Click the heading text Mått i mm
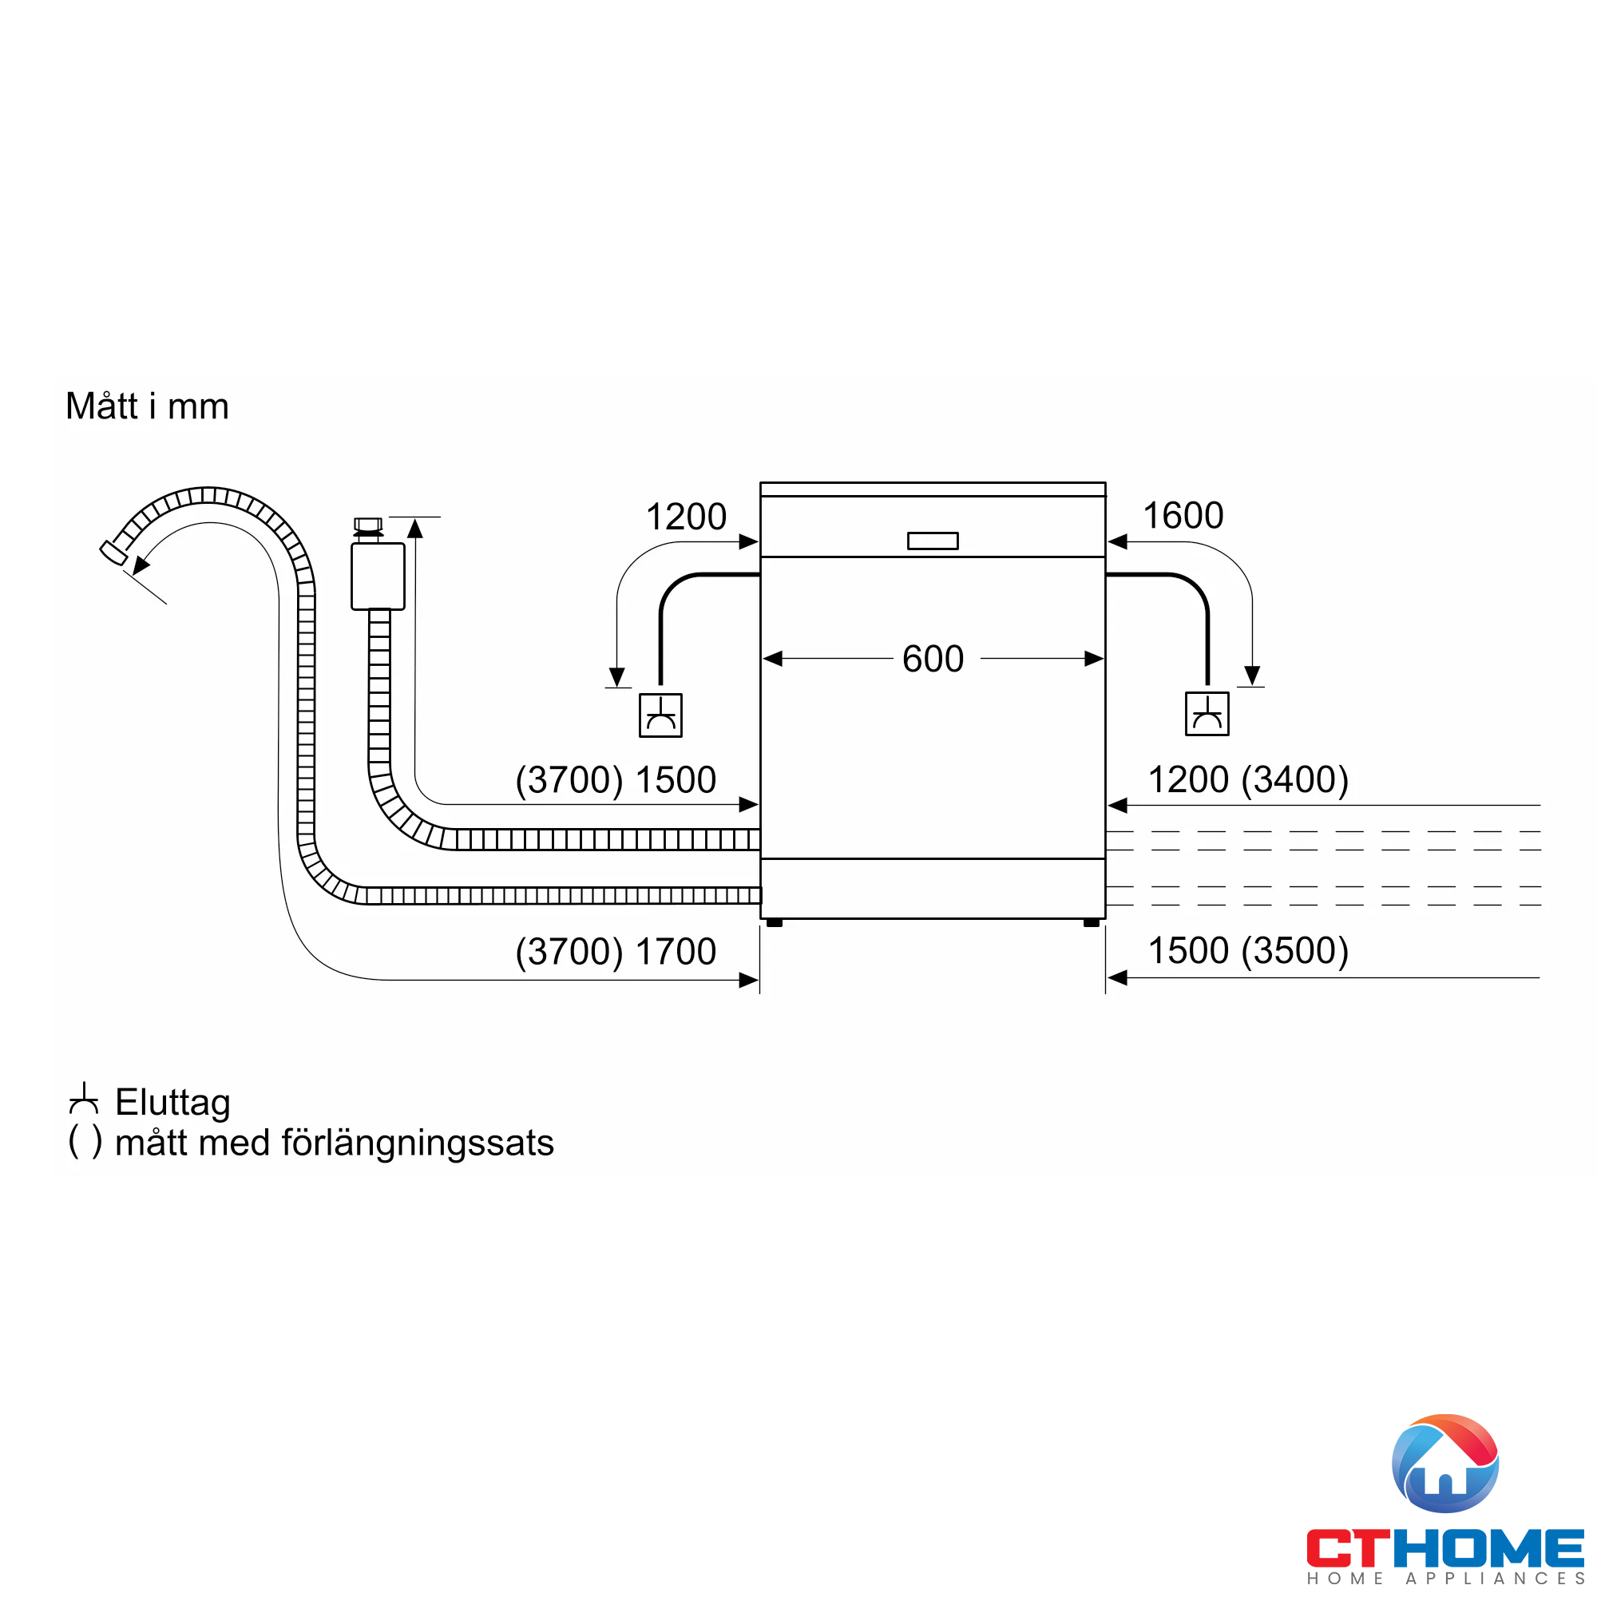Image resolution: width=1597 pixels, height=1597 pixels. (x=147, y=406)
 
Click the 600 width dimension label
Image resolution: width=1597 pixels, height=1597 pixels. (x=933, y=659)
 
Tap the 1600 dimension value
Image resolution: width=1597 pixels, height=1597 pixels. (x=1182, y=516)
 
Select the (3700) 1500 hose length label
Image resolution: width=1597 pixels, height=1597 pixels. (x=615, y=779)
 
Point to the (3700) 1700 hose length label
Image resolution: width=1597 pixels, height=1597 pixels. (x=615, y=952)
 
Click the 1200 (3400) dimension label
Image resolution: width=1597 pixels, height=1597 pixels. (x=1248, y=779)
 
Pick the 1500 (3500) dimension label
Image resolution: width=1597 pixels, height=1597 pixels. (x=1248, y=950)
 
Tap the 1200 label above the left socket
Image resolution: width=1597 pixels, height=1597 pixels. (x=685, y=517)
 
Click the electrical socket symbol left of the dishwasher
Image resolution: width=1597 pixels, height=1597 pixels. (x=660, y=715)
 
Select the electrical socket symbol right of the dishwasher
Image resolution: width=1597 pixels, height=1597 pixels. (x=1207, y=713)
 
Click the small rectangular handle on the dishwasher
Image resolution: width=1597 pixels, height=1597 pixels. (x=933, y=541)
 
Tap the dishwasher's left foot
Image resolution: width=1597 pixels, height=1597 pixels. (x=775, y=922)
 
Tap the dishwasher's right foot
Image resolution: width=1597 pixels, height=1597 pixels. (x=1091, y=922)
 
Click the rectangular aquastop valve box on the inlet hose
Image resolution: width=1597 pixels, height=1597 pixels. (x=378, y=577)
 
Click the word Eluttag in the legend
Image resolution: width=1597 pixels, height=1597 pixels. (x=172, y=1103)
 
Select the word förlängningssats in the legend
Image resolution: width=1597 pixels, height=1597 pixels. (x=418, y=1143)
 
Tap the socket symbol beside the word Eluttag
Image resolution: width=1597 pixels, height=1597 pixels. (x=85, y=1100)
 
